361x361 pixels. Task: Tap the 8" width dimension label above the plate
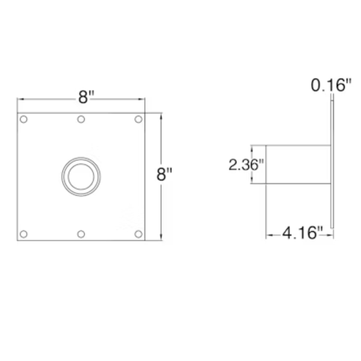click(86, 97)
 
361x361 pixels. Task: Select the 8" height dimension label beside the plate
click(164, 174)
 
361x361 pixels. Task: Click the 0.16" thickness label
click(331, 85)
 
